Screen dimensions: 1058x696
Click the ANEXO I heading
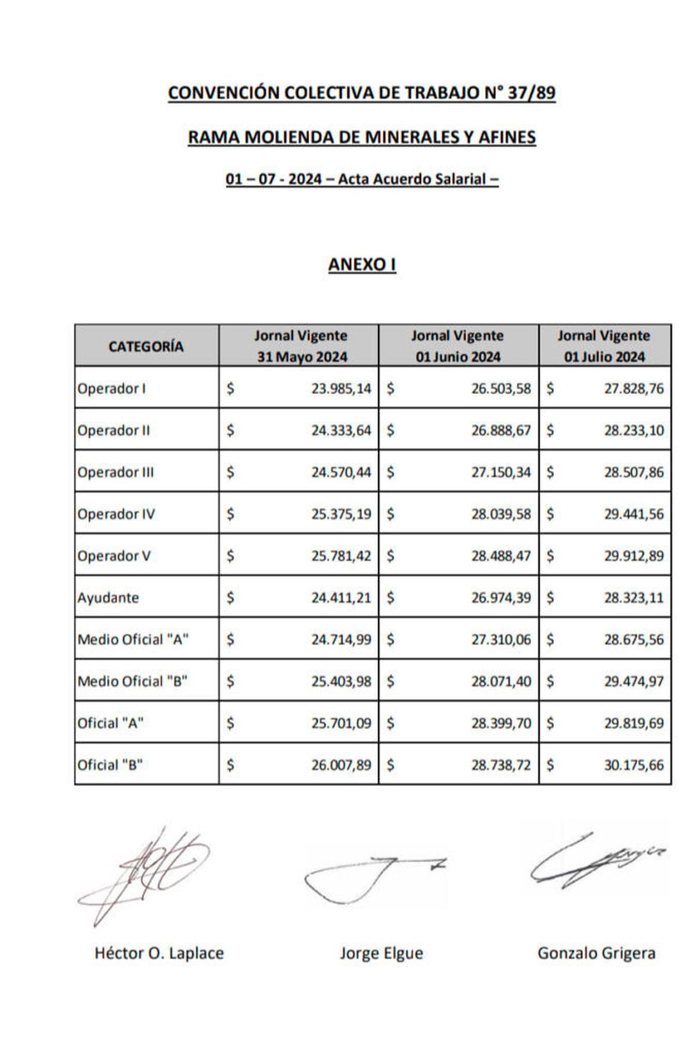(x=362, y=265)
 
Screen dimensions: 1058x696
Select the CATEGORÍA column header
(x=146, y=346)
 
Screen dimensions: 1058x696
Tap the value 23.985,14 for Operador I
(x=341, y=389)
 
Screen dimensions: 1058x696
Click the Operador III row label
(x=116, y=472)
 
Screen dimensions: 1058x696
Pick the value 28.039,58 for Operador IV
(x=501, y=514)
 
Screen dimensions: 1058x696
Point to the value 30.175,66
(x=634, y=765)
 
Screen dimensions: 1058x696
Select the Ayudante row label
(x=108, y=598)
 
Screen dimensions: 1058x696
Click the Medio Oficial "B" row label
(x=133, y=681)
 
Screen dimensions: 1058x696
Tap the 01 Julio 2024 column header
(x=604, y=346)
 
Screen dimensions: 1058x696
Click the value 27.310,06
(x=501, y=640)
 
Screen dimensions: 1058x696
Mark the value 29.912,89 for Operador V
(x=634, y=556)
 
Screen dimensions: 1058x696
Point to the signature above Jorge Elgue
(x=371, y=876)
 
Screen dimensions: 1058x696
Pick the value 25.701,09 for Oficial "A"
(x=341, y=723)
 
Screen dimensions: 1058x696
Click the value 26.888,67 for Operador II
(x=501, y=431)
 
